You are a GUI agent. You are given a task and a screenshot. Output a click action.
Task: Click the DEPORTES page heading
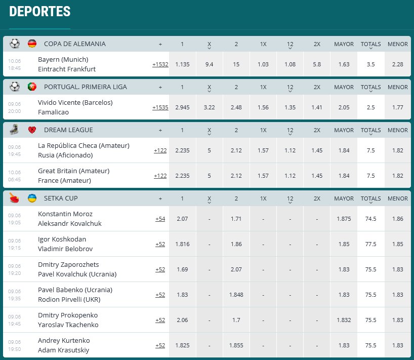tap(40, 12)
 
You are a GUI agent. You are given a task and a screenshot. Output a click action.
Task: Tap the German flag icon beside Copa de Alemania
tap(32, 44)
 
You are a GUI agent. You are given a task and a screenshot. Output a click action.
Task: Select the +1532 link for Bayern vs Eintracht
tap(160, 64)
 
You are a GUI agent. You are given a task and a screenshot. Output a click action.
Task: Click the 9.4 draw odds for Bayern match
tap(209, 64)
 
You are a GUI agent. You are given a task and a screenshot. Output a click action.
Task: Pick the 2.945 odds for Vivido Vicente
tap(182, 107)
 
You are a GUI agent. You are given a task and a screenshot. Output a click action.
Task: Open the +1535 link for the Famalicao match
tap(160, 107)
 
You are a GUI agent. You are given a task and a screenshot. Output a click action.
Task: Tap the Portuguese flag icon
tap(32, 87)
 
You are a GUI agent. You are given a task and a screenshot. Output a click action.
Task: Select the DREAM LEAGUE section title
tap(68, 130)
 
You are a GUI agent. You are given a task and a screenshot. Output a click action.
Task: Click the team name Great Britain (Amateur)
tap(73, 171)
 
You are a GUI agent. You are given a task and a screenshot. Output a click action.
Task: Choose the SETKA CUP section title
tap(61, 198)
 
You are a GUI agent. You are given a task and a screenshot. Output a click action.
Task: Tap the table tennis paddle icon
tap(14, 198)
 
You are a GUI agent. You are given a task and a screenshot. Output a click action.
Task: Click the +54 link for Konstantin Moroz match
tap(160, 219)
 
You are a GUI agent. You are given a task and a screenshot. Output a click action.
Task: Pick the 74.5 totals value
tap(370, 219)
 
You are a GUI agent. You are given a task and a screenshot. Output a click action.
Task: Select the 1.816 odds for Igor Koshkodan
tap(182, 244)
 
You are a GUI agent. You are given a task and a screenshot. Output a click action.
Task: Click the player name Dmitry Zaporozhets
tap(68, 264)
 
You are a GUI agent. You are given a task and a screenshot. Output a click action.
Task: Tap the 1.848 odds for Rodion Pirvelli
tap(236, 295)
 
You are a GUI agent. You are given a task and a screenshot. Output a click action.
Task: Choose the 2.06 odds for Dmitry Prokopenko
tap(182, 320)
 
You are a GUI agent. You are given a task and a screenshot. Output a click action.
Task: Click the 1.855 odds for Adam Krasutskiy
tap(236, 345)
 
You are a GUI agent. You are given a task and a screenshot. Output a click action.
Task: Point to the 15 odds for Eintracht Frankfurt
tap(236, 64)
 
